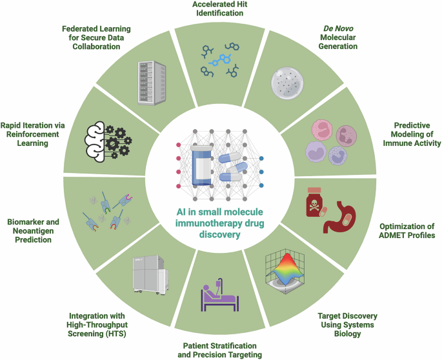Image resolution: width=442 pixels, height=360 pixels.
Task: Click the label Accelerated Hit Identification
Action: [220, 10]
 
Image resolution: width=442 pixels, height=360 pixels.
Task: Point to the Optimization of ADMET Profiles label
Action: [407, 231]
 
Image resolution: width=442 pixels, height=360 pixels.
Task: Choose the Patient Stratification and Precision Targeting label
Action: [220, 350]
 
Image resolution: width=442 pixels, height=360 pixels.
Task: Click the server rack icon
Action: [152, 82]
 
